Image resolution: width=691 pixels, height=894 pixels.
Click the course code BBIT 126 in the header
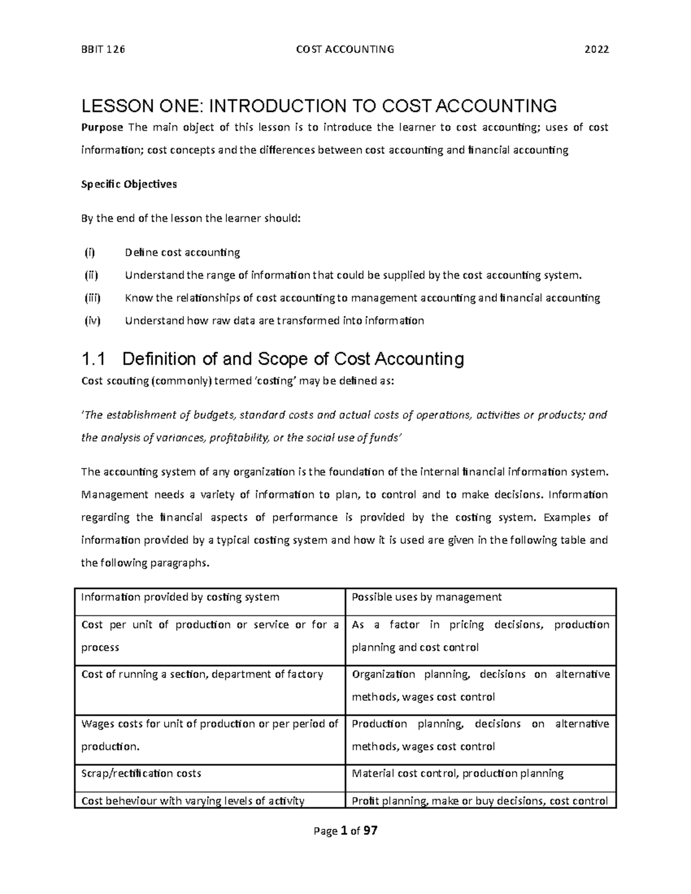coord(102,50)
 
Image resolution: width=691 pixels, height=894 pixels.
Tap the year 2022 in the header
coord(597,50)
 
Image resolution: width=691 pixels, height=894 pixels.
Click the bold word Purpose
coord(102,127)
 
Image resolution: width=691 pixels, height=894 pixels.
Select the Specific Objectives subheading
coord(129,184)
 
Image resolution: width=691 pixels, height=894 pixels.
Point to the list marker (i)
coord(89,252)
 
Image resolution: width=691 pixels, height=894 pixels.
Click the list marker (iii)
coord(92,298)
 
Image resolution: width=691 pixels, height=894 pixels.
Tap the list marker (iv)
coord(92,321)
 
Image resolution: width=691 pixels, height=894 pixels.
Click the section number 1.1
coord(94,359)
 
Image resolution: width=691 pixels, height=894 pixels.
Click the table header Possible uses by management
coord(426,597)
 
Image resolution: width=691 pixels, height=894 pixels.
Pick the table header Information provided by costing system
coord(180,597)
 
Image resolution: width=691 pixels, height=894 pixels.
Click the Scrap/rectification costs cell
coord(141,773)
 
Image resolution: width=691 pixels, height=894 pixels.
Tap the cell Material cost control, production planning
coord(457,773)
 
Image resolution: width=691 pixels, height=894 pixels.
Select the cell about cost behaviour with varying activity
coord(192,800)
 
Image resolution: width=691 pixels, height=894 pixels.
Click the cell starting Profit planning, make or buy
coord(479,800)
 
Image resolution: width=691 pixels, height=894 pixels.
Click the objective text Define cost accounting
coord(182,252)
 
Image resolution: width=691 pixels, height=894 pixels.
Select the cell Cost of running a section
coord(202,674)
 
